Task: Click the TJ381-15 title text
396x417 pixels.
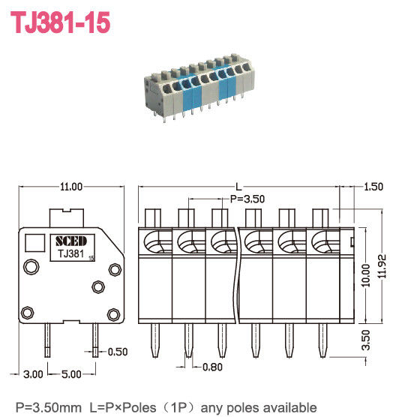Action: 59,22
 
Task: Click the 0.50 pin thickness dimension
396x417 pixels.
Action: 118,352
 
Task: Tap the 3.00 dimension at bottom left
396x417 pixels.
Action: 31,373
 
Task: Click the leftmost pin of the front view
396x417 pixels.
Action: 153,340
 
